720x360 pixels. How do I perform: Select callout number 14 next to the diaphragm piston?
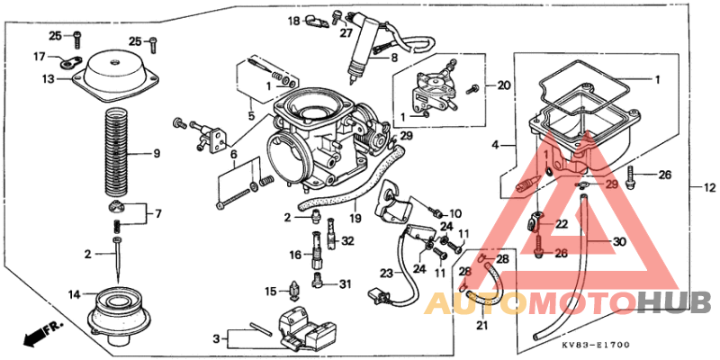tap(74, 294)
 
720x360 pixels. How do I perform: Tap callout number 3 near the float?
tap(216, 338)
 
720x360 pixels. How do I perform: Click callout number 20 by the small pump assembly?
tap(503, 85)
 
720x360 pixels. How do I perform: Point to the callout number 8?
tap(393, 57)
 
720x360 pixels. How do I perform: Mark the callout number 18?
tap(293, 20)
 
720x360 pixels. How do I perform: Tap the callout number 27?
tap(346, 33)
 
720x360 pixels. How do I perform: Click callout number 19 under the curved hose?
tap(355, 218)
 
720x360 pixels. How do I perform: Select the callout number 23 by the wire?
tap(386, 272)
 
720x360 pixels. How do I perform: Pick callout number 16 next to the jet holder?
tap(294, 256)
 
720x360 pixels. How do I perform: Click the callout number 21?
tap(481, 326)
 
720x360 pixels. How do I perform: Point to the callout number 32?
tap(347, 240)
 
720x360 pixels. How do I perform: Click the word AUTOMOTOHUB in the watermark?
tap(567, 303)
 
